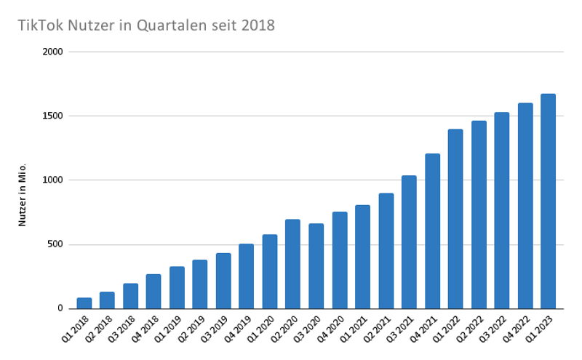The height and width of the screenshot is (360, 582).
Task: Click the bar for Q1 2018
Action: [84, 303]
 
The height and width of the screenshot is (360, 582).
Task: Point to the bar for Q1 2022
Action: [455, 218]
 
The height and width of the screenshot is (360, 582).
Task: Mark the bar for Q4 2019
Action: [246, 276]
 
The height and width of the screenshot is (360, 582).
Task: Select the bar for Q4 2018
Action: [154, 291]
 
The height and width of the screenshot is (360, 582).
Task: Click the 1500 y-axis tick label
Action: [54, 116]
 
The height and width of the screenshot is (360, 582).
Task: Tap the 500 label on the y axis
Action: [56, 244]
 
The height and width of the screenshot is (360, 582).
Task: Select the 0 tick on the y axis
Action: [61, 308]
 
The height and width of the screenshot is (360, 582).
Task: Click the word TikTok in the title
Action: [39, 25]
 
